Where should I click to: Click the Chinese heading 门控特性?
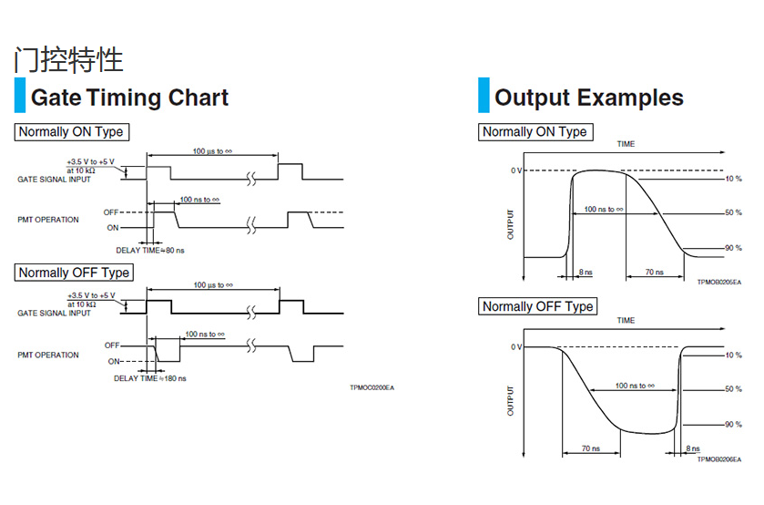click(x=68, y=60)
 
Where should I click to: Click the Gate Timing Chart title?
click(x=129, y=98)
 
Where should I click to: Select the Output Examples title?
click(x=588, y=98)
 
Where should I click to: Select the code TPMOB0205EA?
click(x=719, y=283)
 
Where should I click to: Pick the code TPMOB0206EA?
click(x=719, y=459)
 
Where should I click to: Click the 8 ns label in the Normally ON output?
click(x=586, y=272)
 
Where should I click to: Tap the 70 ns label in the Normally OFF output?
click(x=590, y=448)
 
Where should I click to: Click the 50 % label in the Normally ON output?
click(x=733, y=213)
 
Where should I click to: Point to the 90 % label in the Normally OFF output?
click(x=733, y=425)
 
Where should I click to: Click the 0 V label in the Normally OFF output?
click(x=515, y=347)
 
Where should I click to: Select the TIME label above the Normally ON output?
click(x=626, y=145)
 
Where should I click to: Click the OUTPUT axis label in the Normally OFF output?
click(x=510, y=400)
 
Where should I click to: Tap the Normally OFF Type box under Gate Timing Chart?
click(x=74, y=273)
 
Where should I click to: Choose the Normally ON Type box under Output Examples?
click(x=535, y=132)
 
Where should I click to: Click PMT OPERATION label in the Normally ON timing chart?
click(x=48, y=220)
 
